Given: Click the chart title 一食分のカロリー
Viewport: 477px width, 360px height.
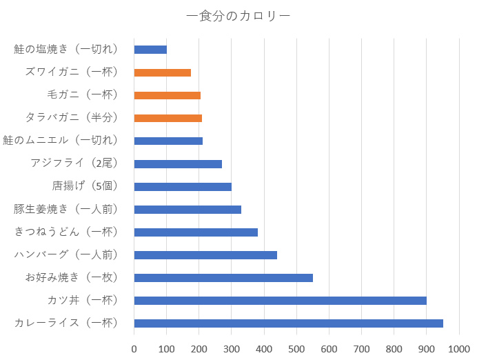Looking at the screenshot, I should [x=238, y=15].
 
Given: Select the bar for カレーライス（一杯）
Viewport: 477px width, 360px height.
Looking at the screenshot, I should [x=288, y=323].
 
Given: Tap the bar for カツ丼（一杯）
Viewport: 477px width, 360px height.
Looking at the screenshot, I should [x=280, y=300].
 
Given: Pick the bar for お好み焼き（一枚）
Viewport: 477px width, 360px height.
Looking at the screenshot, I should [x=223, y=277].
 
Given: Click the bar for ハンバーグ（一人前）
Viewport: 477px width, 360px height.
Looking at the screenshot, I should [x=205, y=254].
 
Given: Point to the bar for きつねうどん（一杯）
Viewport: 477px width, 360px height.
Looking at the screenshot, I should [x=196, y=232].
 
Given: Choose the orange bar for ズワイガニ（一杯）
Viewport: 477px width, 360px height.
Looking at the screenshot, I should [x=162, y=72].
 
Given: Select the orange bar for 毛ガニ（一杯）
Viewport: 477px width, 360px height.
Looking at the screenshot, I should [x=167, y=95].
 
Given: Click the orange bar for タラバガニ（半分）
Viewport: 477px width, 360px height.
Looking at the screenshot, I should [x=168, y=118].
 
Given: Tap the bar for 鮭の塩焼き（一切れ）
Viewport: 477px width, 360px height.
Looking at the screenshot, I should [x=150, y=50].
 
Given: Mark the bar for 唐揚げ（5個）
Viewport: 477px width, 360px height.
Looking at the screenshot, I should [x=183, y=186].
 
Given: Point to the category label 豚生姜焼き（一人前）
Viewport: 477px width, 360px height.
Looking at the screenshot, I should [x=66, y=209].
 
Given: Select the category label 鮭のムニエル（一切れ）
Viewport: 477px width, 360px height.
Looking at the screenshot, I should [x=61, y=141].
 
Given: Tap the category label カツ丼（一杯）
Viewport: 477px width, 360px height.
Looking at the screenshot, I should [x=83, y=300].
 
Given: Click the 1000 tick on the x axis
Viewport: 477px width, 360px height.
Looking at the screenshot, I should [x=458, y=348].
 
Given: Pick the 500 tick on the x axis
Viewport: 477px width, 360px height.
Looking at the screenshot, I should [x=296, y=348].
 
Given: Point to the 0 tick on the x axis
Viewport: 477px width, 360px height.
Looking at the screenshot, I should [x=134, y=348].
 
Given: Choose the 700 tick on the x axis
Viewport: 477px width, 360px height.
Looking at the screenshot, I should [x=361, y=348].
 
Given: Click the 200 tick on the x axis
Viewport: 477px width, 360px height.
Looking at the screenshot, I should [x=199, y=348].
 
